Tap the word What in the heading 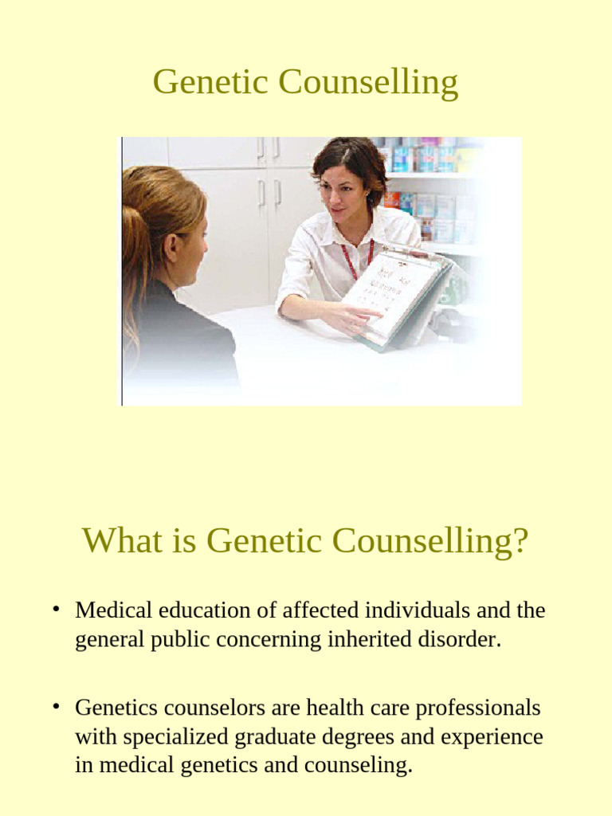[x=120, y=542]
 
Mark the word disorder [x=465, y=640]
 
